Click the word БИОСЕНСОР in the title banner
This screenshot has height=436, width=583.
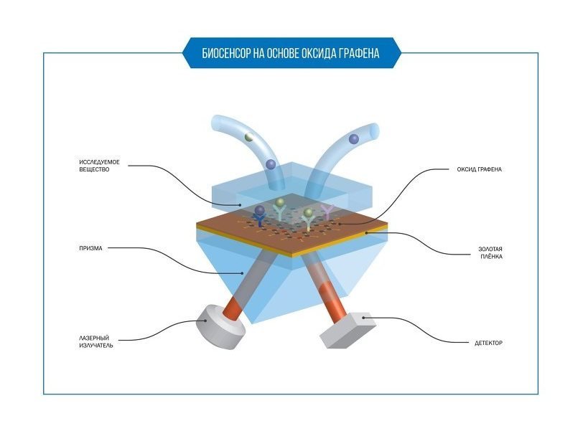[226, 54]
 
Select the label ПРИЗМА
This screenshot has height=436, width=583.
[90, 248]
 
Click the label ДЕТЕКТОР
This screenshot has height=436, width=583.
[488, 343]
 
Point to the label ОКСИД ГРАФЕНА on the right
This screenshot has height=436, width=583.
[480, 169]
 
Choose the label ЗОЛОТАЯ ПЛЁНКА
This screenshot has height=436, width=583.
[490, 252]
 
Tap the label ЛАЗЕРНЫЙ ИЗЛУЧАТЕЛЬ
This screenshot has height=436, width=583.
[96, 341]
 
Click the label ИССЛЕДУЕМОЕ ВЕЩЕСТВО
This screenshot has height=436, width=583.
[99, 166]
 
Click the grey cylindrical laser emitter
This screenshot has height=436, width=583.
[221, 327]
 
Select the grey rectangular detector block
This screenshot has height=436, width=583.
[348, 331]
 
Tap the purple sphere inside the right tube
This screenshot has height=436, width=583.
[354, 139]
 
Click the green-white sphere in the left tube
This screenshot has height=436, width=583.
[249, 137]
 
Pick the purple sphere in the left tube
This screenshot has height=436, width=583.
[271, 163]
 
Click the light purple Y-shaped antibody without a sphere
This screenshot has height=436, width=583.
[327, 212]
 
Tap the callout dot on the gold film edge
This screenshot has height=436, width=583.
[366, 233]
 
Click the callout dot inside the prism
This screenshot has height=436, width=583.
[243, 273]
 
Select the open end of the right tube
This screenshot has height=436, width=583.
[374, 131]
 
